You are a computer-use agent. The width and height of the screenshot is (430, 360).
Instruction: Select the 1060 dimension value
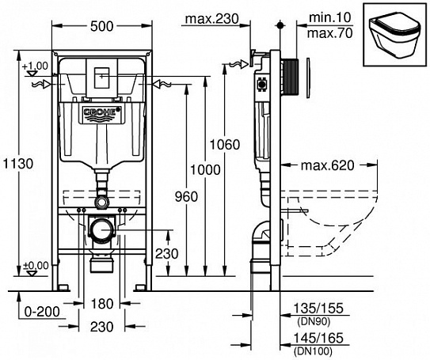click(226, 144)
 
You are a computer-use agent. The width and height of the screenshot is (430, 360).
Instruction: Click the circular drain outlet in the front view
click(101, 231)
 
